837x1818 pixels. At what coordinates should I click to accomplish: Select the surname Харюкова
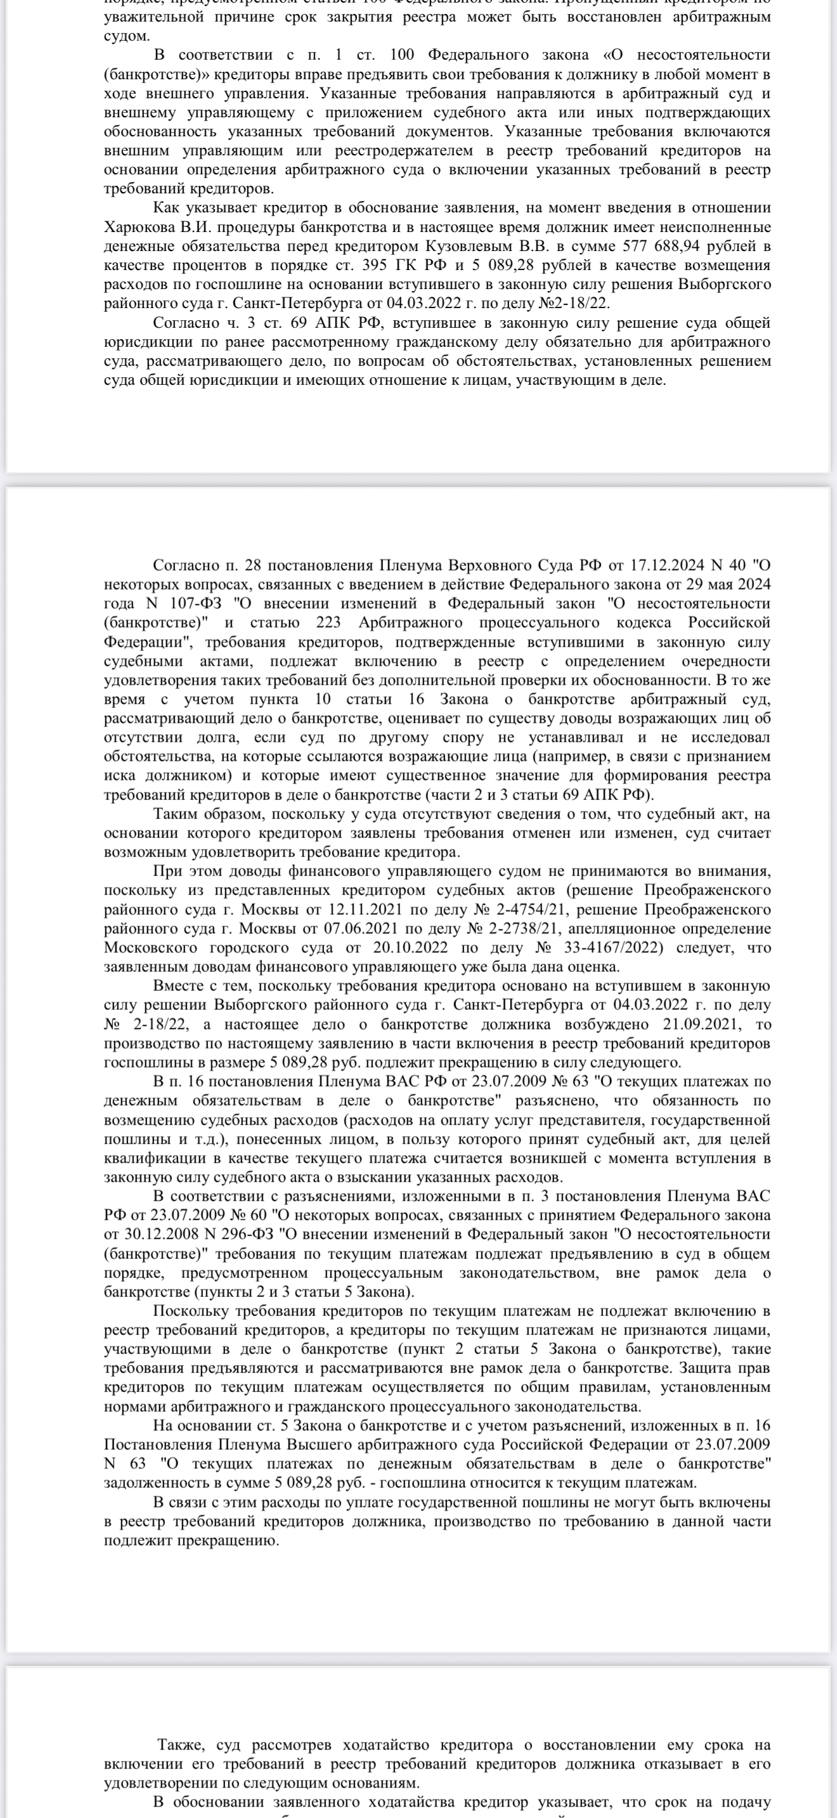(138, 227)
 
